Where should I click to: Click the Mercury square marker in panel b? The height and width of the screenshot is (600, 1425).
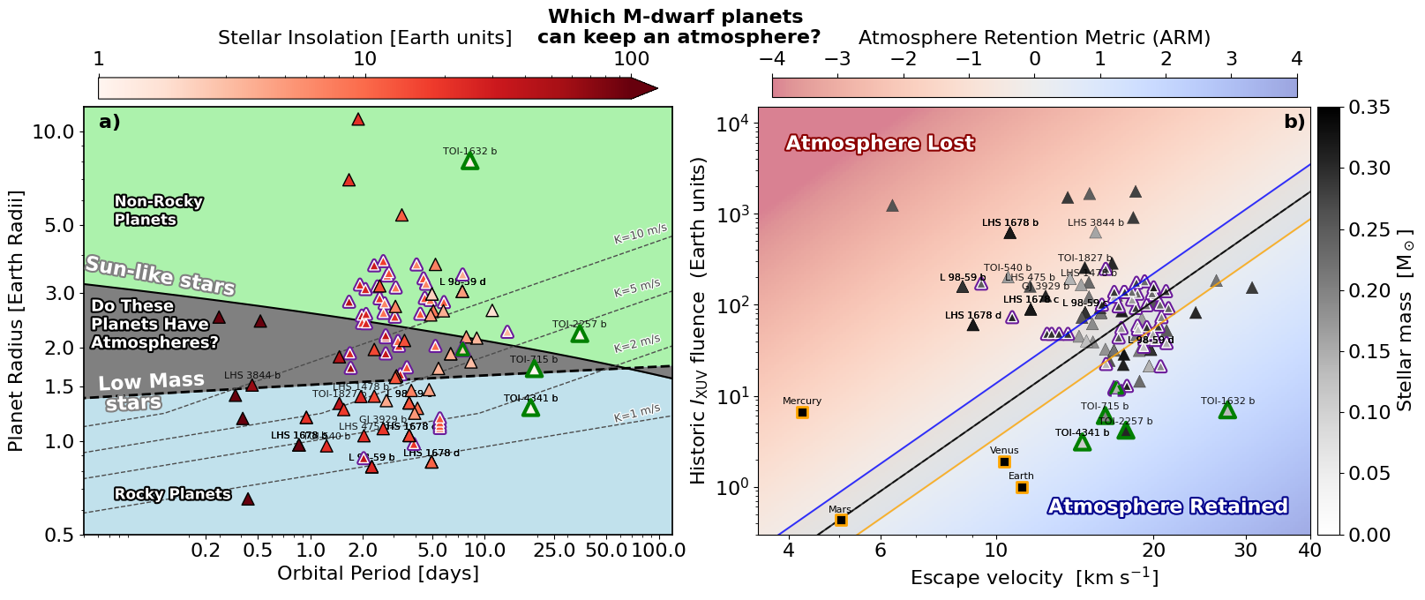pos(802,412)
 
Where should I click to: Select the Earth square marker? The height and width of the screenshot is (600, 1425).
pos(1022,487)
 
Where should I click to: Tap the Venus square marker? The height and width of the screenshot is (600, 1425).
pos(1004,461)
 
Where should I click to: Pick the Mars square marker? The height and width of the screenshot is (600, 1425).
pos(841,520)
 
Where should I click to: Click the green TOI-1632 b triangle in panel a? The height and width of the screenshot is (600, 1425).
pos(469,161)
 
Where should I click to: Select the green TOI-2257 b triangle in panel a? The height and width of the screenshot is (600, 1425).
pos(580,334)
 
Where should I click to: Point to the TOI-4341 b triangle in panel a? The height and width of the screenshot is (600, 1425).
pos(530,408)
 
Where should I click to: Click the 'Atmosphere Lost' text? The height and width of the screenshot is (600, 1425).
pos(880,143)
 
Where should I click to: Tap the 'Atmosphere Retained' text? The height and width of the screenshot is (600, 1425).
pos(1167,506)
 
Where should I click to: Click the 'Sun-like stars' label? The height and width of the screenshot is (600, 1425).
pos(160,276)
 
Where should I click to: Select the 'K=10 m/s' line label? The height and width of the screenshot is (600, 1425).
pos(641,234)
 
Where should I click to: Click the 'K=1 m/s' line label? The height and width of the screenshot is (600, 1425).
pos(637,410)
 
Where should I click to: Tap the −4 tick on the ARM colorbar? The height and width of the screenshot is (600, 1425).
pos(771,59)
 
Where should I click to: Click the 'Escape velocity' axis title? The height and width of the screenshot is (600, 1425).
pos(1034,577)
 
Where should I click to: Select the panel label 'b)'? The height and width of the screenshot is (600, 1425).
pos(1294,122)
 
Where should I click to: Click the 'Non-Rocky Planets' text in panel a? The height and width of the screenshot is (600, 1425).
pos(158,210)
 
